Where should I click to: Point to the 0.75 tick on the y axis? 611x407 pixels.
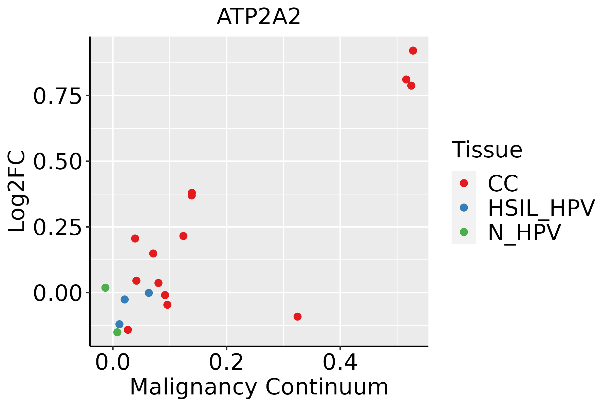(57, 96)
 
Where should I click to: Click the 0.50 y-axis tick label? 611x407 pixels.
(57, 162)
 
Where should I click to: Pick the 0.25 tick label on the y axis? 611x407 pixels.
(57, 227)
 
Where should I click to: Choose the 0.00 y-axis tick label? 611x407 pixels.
(57, 293)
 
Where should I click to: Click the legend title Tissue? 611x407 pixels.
(487, 150)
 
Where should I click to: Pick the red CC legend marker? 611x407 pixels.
(464, 183)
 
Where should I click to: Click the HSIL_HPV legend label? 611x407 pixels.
(541, 208)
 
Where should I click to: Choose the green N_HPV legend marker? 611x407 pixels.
(464, 232)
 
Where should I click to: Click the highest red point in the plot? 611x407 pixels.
(413, 51)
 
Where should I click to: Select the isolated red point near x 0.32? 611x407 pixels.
(297, 316)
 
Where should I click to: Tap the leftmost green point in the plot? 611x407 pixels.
(105, 288)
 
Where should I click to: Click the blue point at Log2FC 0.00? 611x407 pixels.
(149, 293)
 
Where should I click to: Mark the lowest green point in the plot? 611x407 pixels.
(117, 332)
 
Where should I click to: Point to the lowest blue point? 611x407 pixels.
(119, 324)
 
